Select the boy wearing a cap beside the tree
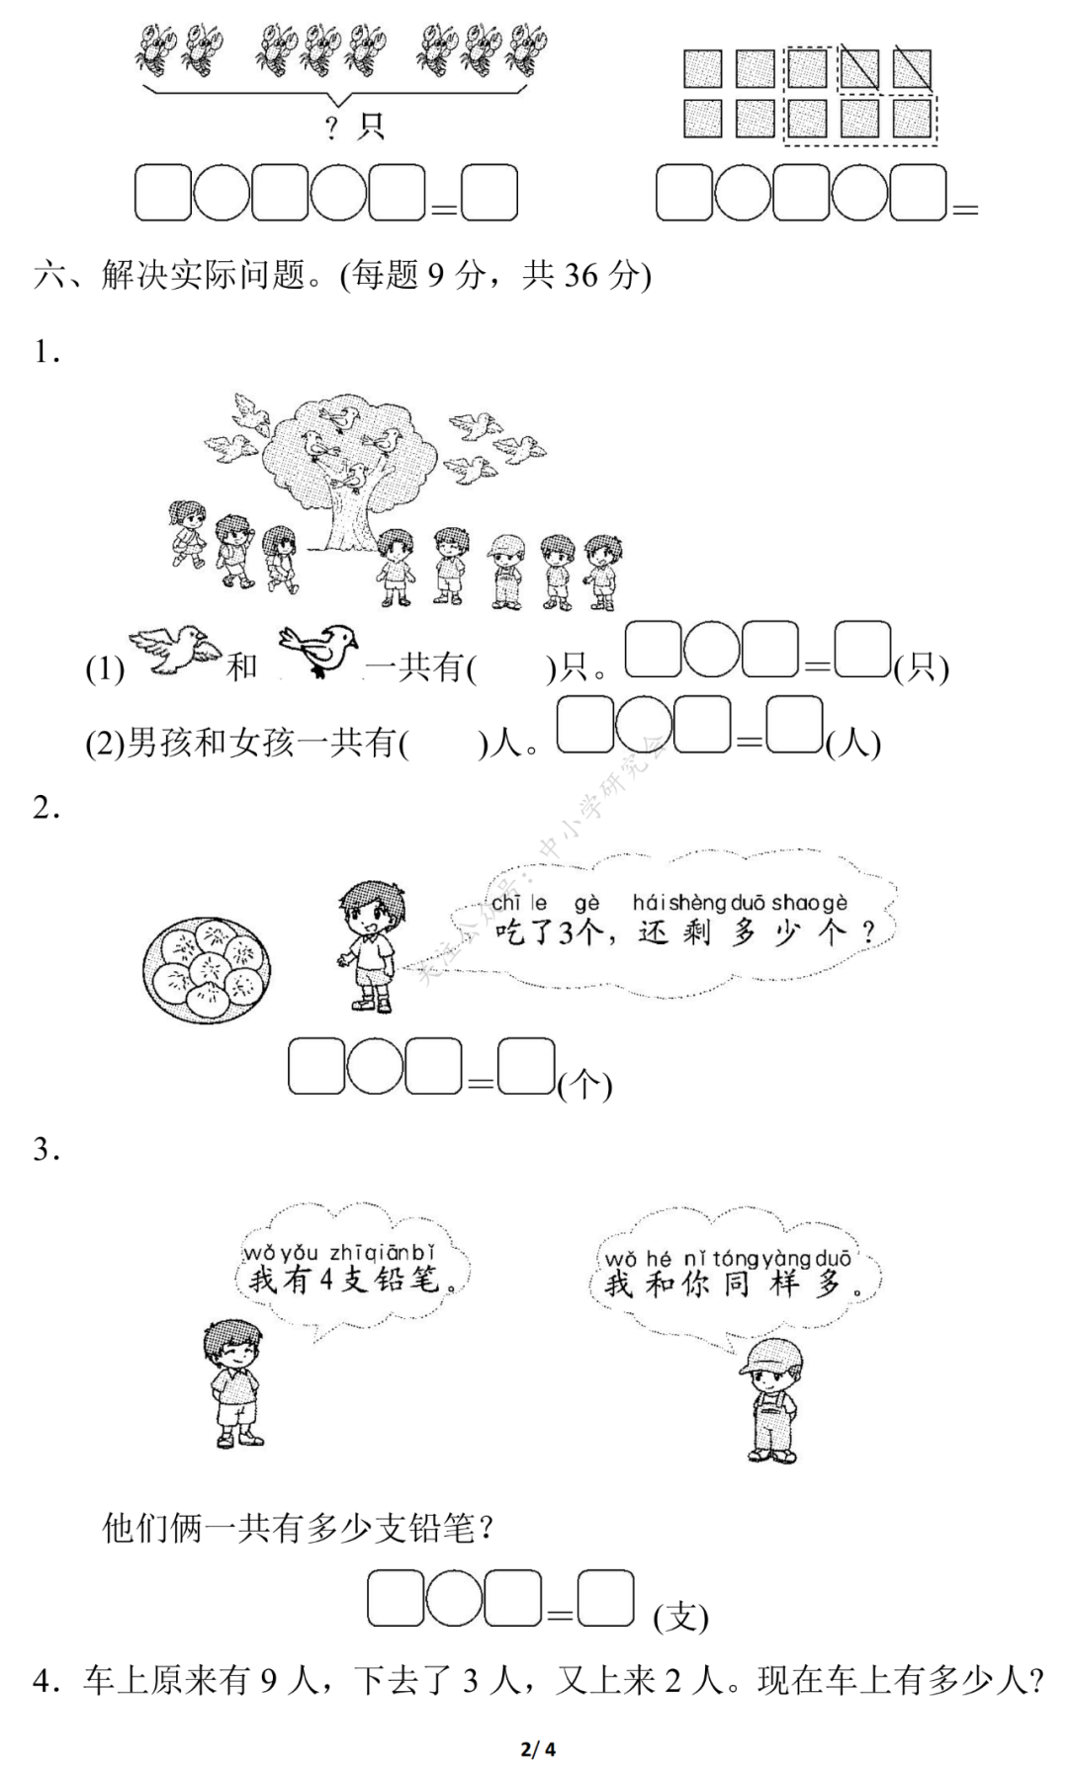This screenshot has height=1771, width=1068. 507,571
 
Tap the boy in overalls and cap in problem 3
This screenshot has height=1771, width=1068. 772,1399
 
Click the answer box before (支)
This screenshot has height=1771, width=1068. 605,1598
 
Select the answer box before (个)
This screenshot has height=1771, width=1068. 525,1066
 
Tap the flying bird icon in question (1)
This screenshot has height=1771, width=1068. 175,650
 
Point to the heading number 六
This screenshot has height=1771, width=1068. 48,275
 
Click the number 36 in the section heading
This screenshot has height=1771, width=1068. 580,275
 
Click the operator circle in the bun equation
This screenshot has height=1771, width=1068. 375,1066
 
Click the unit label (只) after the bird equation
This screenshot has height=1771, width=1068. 921,668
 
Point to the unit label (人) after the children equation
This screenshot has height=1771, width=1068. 852,742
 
